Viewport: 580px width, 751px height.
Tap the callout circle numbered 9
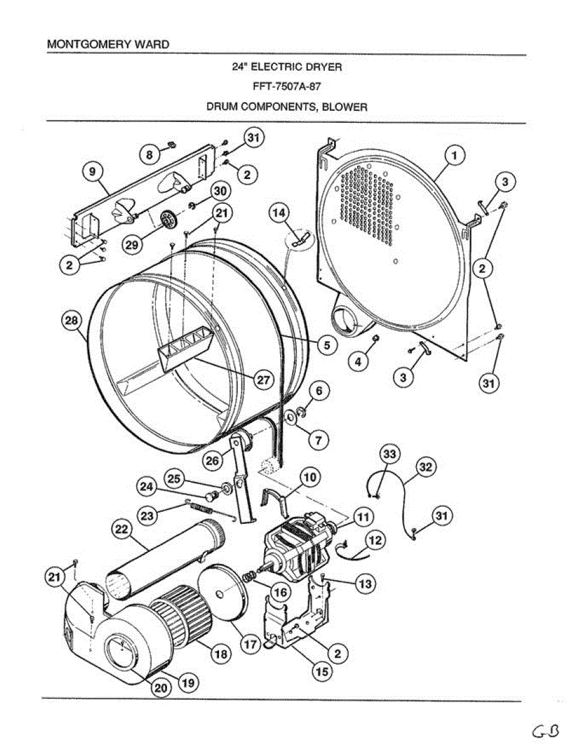coord(93,171)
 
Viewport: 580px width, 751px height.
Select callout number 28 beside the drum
coord(72,321)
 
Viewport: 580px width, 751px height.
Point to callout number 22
coord(121,529)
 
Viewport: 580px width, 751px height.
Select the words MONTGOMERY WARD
coord(108,45)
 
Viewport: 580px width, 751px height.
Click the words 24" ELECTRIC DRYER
coord(287,66)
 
